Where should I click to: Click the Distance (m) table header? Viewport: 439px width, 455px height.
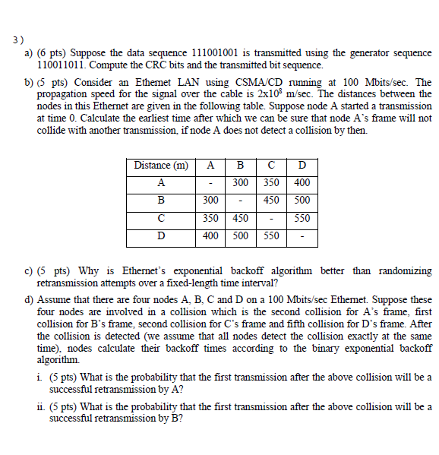pos(160,166)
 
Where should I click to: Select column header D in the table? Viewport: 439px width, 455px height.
pos(302,166)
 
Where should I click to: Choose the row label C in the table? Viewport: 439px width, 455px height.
pos(160,218)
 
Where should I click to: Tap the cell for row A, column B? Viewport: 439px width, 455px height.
pos(240,183)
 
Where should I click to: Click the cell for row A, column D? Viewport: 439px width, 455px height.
pos(302,183)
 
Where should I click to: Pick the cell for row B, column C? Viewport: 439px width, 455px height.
pos(271,201)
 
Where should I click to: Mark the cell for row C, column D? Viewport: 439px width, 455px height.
pos(302,218)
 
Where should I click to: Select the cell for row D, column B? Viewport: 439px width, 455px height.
pos(240,235)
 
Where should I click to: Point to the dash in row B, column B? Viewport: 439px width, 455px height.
pos(240,201)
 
